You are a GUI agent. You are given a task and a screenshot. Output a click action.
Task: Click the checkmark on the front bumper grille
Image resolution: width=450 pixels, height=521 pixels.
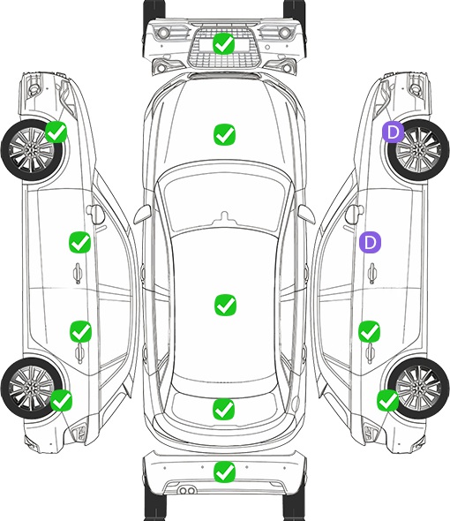tap(224, 43)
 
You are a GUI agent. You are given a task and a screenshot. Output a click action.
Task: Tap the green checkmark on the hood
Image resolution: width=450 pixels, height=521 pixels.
tap(225, 134)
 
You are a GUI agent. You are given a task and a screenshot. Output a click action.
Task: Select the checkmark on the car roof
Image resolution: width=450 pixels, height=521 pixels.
tap(225, 305)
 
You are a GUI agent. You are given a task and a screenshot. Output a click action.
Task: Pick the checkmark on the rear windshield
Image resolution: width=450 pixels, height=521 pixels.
tap(224, 409)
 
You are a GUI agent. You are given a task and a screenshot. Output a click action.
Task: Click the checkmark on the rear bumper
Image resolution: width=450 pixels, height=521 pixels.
tap(224, 472)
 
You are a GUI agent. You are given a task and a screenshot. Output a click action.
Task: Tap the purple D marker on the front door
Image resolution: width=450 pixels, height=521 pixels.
tap(370, 242)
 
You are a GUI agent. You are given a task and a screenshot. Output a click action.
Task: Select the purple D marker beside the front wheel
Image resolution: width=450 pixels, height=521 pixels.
tap(393, 132)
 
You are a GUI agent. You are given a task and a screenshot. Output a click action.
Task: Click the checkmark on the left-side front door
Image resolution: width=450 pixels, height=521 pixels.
tap(79, 242)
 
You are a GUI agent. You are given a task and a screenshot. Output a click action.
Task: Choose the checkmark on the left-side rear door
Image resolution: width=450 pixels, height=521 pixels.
tap(80, 331)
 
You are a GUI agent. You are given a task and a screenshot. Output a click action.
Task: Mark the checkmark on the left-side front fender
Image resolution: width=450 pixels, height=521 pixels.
tap(56, 132)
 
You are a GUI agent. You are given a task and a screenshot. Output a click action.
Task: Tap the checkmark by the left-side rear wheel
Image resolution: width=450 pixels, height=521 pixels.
tap(62, 400)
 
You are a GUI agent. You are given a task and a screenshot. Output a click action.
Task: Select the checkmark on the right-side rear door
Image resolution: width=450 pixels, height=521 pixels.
tap(370, 331)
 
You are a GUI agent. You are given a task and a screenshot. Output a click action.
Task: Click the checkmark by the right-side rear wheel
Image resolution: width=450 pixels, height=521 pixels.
tap(388, 400)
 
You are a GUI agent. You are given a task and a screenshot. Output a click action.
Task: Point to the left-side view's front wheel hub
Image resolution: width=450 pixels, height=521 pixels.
tap(31, 150)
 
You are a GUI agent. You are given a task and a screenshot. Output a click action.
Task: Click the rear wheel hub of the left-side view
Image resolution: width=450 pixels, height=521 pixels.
tap(31, 388)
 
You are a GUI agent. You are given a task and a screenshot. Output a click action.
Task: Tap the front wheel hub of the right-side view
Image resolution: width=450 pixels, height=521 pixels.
tap(419, 150)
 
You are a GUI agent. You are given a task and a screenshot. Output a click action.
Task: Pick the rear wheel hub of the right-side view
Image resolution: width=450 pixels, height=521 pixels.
tap(419, 388)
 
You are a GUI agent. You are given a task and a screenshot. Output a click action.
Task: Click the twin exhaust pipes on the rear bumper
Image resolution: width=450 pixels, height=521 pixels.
tap(187, 490)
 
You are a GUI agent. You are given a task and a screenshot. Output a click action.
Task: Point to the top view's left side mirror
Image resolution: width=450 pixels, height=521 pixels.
tap(142, 215)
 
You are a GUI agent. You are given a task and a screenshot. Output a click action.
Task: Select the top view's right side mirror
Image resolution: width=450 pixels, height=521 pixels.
tap(306, 215)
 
